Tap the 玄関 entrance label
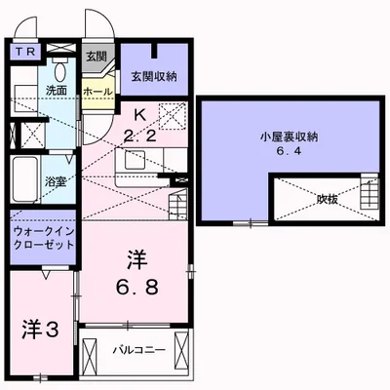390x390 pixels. [x=96, y=56]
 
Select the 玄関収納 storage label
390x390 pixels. [x=154, y=76]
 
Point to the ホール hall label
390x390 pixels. [x=97, y=91]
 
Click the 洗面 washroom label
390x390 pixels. [x=55, y=91]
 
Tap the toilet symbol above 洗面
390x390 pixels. [x=58, y=69]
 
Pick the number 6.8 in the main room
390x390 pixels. [x=136, y=289]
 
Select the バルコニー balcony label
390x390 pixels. [x=136, y=348]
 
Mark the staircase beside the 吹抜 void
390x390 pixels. [x=368, y=191]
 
